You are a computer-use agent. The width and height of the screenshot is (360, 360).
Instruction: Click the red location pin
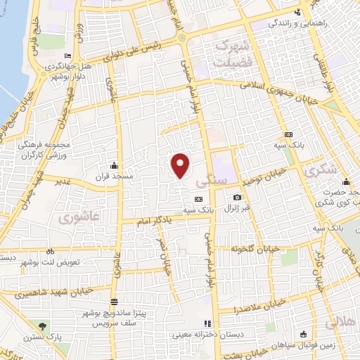(x=181, y=165)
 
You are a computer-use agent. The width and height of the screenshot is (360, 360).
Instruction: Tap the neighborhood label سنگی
(x=216, y=181)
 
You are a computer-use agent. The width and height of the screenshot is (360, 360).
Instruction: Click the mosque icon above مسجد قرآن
(x=113, y=163)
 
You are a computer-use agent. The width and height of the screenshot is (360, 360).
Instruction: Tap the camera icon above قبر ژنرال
(x=238, y=198)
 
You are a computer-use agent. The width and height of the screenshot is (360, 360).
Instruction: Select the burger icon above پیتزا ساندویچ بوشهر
(x=114, y=301)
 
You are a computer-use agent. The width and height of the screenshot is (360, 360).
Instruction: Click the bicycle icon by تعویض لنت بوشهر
(x=50, y=251)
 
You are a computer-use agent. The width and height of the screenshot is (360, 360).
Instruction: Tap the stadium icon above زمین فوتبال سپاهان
(x=303, y=333)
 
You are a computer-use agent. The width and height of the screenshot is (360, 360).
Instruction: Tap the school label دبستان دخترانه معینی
(x=245, y=334)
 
